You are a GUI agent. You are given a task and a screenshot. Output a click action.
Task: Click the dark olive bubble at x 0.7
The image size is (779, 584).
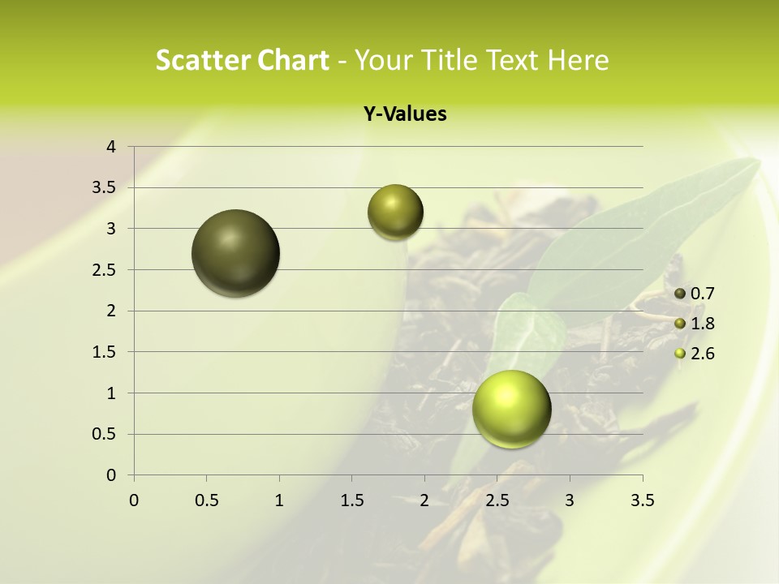click(236, 253)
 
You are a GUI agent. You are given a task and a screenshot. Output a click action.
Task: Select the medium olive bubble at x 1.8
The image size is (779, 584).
click(395, 212)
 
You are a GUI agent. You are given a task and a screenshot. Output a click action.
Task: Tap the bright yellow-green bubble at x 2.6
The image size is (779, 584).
click(511, 409)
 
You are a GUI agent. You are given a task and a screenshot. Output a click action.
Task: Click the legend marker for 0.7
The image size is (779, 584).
click(680, 294)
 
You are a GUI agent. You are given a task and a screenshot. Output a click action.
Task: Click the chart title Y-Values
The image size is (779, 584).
click(404, 114)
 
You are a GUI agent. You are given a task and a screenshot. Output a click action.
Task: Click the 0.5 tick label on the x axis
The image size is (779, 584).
click(207, 500)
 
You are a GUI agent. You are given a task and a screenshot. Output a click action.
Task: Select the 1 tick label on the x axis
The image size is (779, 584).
click(279, 500)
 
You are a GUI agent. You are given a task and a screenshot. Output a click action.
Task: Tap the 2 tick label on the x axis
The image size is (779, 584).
click(424, 500)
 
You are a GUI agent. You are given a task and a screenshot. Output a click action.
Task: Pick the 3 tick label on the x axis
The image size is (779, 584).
click(570, 500)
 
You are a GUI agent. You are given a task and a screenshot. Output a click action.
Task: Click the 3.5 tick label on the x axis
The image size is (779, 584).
click(642, 500)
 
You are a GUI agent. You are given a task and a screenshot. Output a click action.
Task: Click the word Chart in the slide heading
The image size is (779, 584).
click(291, 59)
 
